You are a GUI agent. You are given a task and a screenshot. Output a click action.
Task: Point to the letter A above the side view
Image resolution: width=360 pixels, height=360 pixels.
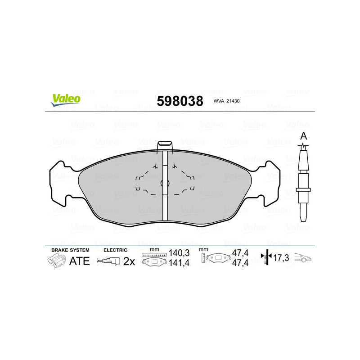click(304, 136)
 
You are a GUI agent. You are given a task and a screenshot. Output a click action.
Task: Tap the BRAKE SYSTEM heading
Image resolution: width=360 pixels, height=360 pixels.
click(70, 250)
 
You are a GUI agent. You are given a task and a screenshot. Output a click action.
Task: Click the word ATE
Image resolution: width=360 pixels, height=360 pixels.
click(80, 261)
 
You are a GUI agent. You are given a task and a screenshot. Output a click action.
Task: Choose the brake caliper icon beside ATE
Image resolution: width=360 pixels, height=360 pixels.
click(56, 261)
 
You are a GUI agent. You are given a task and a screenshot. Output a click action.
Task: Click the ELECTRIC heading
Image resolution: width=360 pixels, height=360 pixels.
click(116, 250)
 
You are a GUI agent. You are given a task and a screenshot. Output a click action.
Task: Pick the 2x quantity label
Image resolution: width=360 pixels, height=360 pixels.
click(129, 261)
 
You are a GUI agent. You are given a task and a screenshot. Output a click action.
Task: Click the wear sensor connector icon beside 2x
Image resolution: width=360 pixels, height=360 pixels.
click(109, 261)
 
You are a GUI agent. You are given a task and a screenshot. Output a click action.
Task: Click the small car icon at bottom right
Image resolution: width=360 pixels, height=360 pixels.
click(303, 259)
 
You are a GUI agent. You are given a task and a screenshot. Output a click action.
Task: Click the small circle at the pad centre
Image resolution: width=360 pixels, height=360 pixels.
click(165, 183)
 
